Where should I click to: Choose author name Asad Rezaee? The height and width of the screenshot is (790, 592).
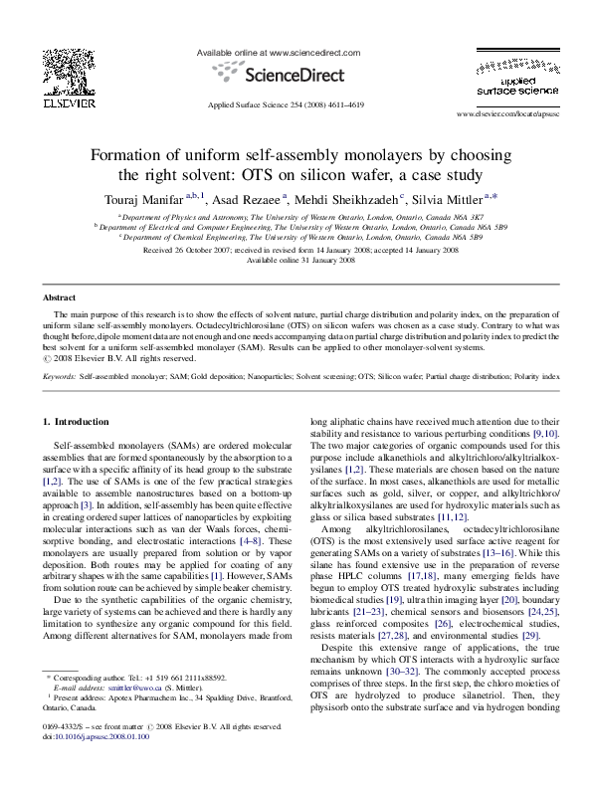[255, 197]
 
